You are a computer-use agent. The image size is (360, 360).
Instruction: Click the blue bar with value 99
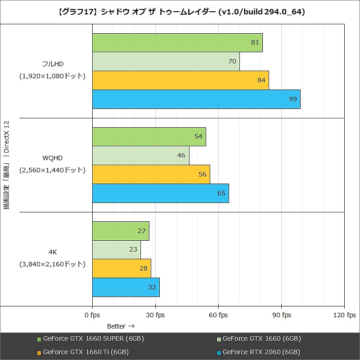(196, 99)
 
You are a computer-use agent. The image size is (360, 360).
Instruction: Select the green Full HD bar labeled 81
(177, 43)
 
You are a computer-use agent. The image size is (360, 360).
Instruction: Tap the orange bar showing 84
(180, 80)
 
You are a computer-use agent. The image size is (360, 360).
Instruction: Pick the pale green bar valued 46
(140, 155)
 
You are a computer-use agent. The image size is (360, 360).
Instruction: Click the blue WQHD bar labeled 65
(160, 193)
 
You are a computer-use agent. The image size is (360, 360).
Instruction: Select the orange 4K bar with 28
(121, 268)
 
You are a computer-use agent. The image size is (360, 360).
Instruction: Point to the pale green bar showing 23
(116, 249)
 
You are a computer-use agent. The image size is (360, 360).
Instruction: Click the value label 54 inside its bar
(198, 136)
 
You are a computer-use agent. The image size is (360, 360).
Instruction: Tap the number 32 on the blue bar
(152, 287)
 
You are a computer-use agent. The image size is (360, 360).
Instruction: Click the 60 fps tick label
(218, 315)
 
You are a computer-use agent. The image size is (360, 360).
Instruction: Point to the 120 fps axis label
(345, 315)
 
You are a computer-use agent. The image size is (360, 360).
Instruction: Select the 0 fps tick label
(92, 315)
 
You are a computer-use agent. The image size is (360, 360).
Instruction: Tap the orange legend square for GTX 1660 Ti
(39, 352)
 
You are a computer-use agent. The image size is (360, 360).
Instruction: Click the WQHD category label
(52, 158)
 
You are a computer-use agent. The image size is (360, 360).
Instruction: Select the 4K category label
(52, 252)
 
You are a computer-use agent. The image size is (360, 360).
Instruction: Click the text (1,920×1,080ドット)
(52, 76)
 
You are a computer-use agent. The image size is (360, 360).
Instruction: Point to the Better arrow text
(121, 326)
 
